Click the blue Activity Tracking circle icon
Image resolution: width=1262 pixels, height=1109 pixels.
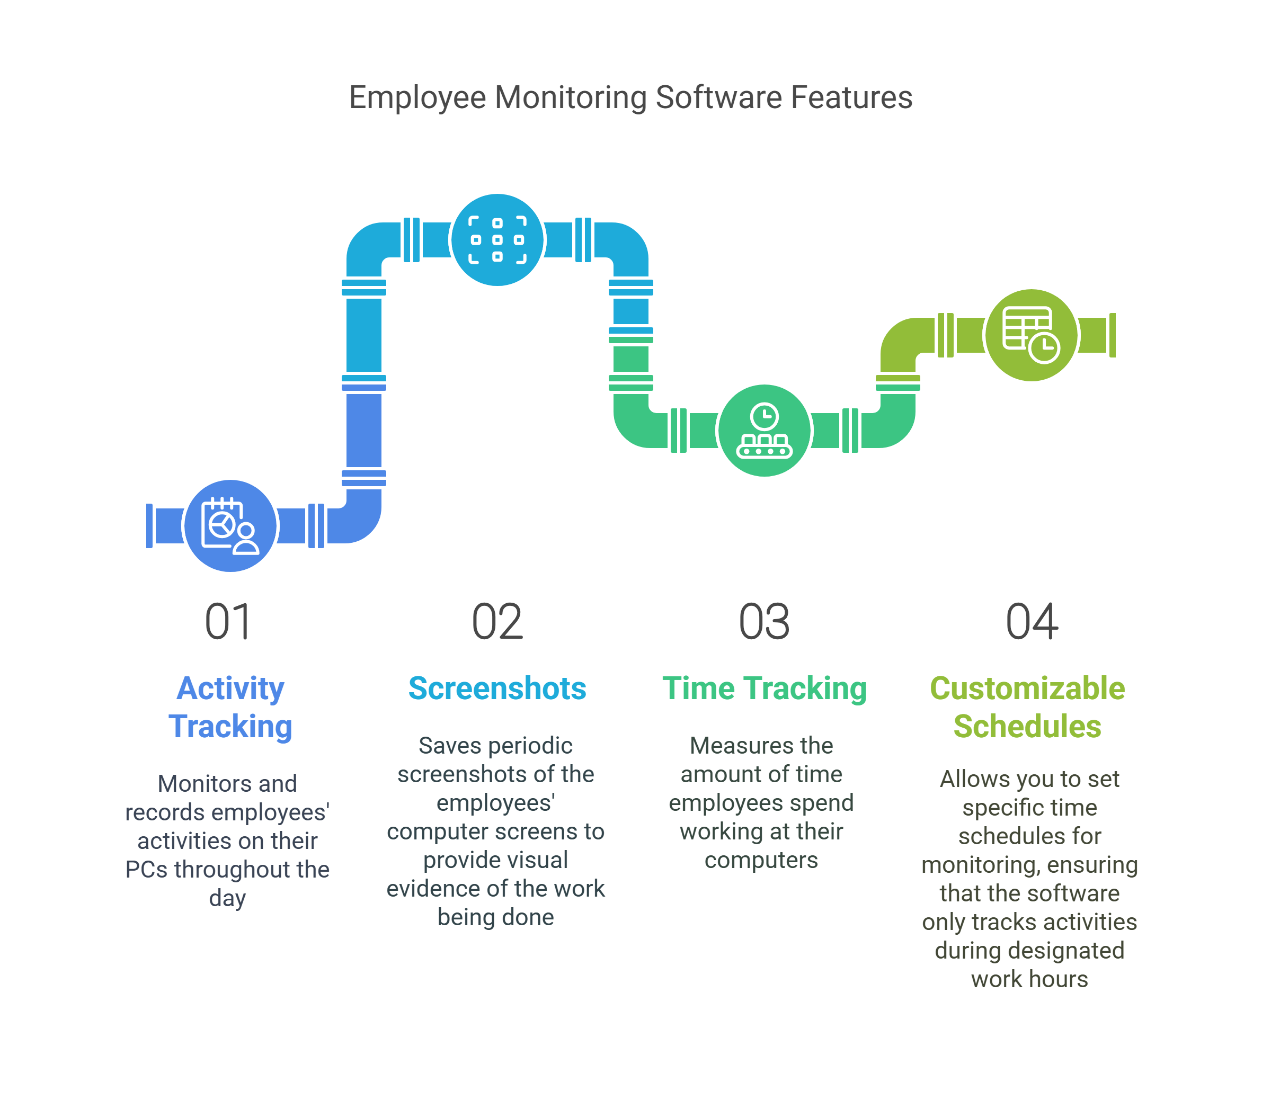tap(230, 526)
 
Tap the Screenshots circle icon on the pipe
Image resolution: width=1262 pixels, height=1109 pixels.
tap(497, 239)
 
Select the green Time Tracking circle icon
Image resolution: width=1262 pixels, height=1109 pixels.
tap(765, 430)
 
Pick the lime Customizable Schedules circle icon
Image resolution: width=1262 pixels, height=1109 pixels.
tap(1030, 335)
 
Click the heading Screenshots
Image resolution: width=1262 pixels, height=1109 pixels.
tap(497, 688)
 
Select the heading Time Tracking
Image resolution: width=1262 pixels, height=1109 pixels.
tap(765, 688)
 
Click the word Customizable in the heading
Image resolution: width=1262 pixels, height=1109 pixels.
tap(1027, 688)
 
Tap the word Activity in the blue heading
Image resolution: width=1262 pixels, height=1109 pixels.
tap(230, 688)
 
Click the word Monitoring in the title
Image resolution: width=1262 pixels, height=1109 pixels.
tap(571, 97)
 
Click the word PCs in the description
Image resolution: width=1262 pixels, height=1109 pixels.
tap(146, 870)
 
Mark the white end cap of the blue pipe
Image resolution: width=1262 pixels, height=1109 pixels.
tap(149, 526)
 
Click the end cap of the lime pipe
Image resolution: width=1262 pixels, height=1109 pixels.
tap(1113, 335)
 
